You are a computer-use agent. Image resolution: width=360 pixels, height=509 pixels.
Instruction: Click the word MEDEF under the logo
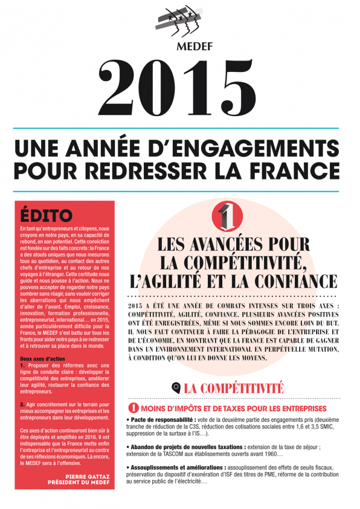pos(179,48)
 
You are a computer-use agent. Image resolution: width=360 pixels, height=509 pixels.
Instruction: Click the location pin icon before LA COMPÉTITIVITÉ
pos(176,387)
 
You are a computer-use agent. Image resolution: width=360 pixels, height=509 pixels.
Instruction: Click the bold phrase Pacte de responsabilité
pos(159,419)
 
